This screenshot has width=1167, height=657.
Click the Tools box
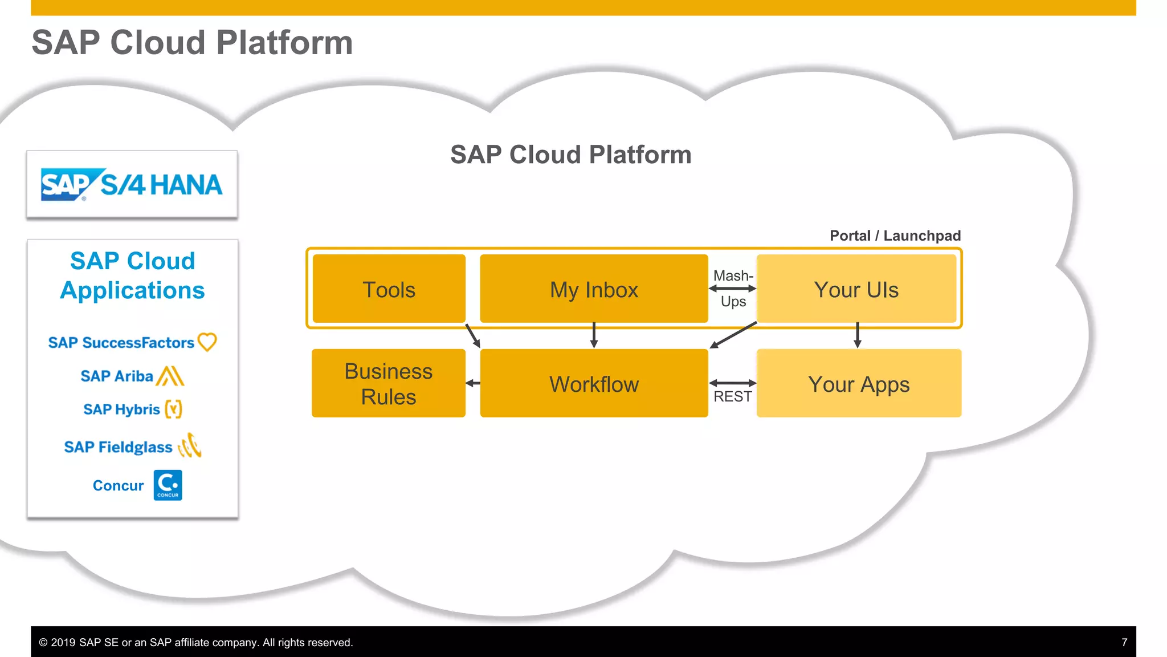click(389, 289)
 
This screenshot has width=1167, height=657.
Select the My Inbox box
click(594, 289)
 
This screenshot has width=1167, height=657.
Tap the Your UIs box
click(856, 289)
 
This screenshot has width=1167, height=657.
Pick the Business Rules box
click(389, 383)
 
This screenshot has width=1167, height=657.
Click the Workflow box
click(594, 383)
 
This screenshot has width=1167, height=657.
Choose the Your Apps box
click(859, 383)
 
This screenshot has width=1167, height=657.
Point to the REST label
click(732, 396)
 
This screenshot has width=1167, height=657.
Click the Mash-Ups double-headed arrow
click(732, 289)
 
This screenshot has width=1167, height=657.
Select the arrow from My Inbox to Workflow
click(594, 335)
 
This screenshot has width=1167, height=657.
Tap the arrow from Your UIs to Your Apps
click(857, 335)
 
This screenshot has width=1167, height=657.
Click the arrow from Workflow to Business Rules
click(473, 383)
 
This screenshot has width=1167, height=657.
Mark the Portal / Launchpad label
click(895, 236)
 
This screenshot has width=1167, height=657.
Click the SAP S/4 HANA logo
click(132, 185)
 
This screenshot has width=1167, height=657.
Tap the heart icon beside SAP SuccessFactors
click(207, 342)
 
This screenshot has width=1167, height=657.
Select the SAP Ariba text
click(117, 376)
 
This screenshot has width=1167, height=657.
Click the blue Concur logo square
click(168, 485)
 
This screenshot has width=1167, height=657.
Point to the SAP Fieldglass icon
click(190, 446)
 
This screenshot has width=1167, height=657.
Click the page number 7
click(1124, 642)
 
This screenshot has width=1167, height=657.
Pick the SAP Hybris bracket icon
click(173, 409)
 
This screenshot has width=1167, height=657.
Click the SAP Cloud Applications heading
click(132, 275)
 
